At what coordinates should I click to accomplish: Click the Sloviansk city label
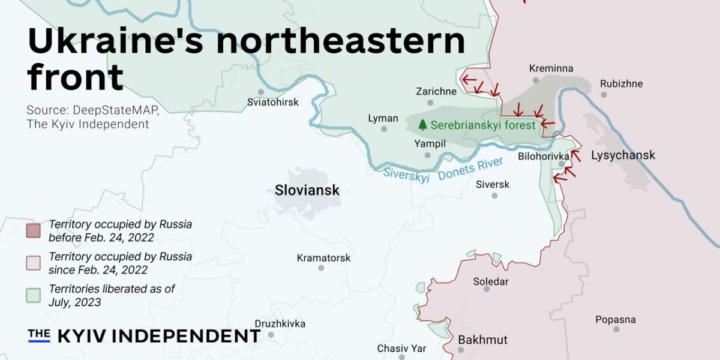tap(307, 190)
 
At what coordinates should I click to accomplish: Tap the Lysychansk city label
tap(623, 155)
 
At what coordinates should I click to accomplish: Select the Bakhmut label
tap(482, 340)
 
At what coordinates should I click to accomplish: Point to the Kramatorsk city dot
tap(321, 268)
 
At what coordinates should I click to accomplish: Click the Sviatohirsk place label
tap(272, 103)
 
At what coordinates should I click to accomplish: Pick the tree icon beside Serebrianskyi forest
tap(422, 125)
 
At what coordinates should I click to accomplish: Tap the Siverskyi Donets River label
tap(443, 170)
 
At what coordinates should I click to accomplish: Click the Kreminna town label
tap(551, 69)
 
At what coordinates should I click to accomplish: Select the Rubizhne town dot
tap(604, 95)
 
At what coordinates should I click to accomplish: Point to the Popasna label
tap(615, 320)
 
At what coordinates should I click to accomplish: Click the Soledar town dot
tap(487, 289)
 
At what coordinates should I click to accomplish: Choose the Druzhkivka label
tap(280, 324)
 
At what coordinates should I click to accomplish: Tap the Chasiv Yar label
tap(401, 348)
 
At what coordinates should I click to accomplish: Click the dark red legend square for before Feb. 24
tap(34, 230)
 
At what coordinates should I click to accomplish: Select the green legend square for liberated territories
tap(34, 295)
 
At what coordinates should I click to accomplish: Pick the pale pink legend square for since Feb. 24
tap(34, 263)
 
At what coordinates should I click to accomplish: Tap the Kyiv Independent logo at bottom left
tap(144, 336)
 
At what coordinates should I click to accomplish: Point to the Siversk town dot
tap(494, 195)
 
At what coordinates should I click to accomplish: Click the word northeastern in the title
tap(340, 42)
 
